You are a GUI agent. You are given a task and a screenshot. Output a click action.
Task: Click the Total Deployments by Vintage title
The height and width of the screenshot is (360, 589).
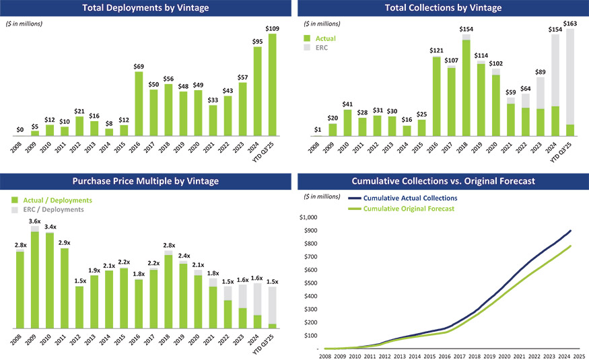tap(145, 8)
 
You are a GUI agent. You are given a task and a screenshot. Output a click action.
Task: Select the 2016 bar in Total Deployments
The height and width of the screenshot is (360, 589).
tap(139, 104)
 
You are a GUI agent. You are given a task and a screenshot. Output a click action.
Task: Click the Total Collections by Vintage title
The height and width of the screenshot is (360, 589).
tap(443, 8)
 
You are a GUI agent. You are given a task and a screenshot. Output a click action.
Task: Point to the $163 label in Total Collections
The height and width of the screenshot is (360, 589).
tap(569, 24)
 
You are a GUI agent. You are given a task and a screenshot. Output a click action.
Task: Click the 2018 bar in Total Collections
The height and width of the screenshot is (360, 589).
tap(466, 87)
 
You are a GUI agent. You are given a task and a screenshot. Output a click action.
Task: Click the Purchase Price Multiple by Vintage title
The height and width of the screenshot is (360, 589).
tap(145, 181)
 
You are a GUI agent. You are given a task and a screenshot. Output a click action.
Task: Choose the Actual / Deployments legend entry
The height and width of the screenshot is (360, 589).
tap(57, 201)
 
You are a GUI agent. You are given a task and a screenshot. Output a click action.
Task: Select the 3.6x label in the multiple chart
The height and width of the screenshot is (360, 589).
tap(35, 221)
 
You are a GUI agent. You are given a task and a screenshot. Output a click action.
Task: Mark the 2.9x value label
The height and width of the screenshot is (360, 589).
tap(65, 242)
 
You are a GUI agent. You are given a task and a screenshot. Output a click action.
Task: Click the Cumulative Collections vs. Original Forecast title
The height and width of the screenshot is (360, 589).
tap(443, 181)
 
